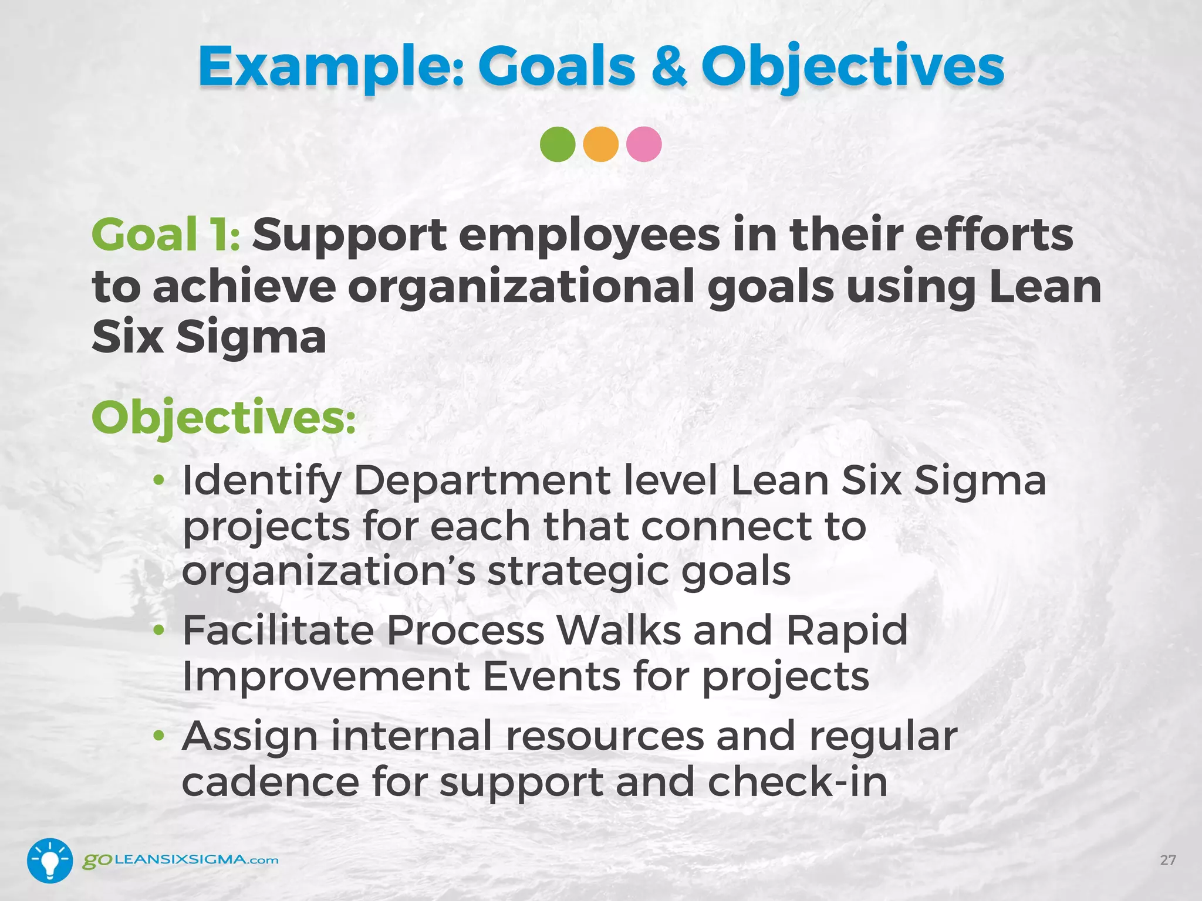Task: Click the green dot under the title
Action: pyautogui.click(x=557, y=144)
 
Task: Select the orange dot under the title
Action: pyautogui.click(x=600, y=144)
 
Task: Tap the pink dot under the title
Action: pyautogui.click(x=644, y=144)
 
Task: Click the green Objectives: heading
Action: pyautogui.click(x=223, y=418)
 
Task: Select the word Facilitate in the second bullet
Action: pyautogui.click(x=278, y=631)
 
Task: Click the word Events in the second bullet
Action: pyautogui.click(x=551, y=677)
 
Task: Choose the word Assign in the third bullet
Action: pyautogui.click(x=250, y=737)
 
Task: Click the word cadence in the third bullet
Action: pyautogui.click(x=270, y=783)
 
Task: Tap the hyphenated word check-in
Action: pyautogui.click(x=798, y=783)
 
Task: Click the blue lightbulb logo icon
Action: pyautogui.click(x=50, y=861)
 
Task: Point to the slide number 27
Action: pyautogui.click(x=1167, y=861)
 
